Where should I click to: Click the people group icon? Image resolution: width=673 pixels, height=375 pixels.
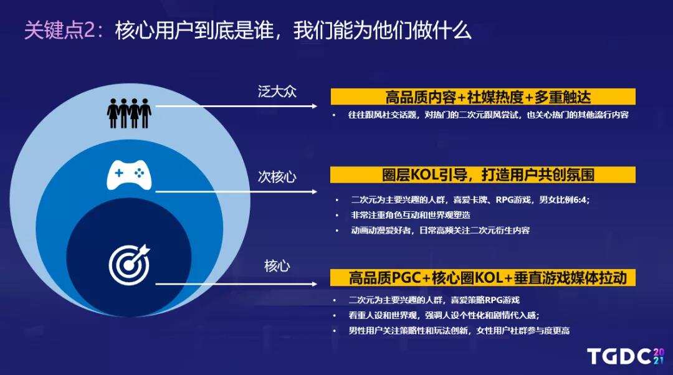pos(129,112)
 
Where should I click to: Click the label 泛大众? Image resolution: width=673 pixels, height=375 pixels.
pos(277,92)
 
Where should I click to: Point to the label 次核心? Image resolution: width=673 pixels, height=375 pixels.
pos(277,177)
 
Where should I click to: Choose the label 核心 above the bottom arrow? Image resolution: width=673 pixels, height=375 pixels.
pos(277,267)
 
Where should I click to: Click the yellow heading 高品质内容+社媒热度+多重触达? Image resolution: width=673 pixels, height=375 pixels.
pos(482,97)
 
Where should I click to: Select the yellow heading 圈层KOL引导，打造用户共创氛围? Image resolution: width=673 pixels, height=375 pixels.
pos(482,174)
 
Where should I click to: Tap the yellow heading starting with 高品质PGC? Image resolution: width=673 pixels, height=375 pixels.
pos(482,277)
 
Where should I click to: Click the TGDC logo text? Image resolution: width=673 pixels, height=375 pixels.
pos(619,357)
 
